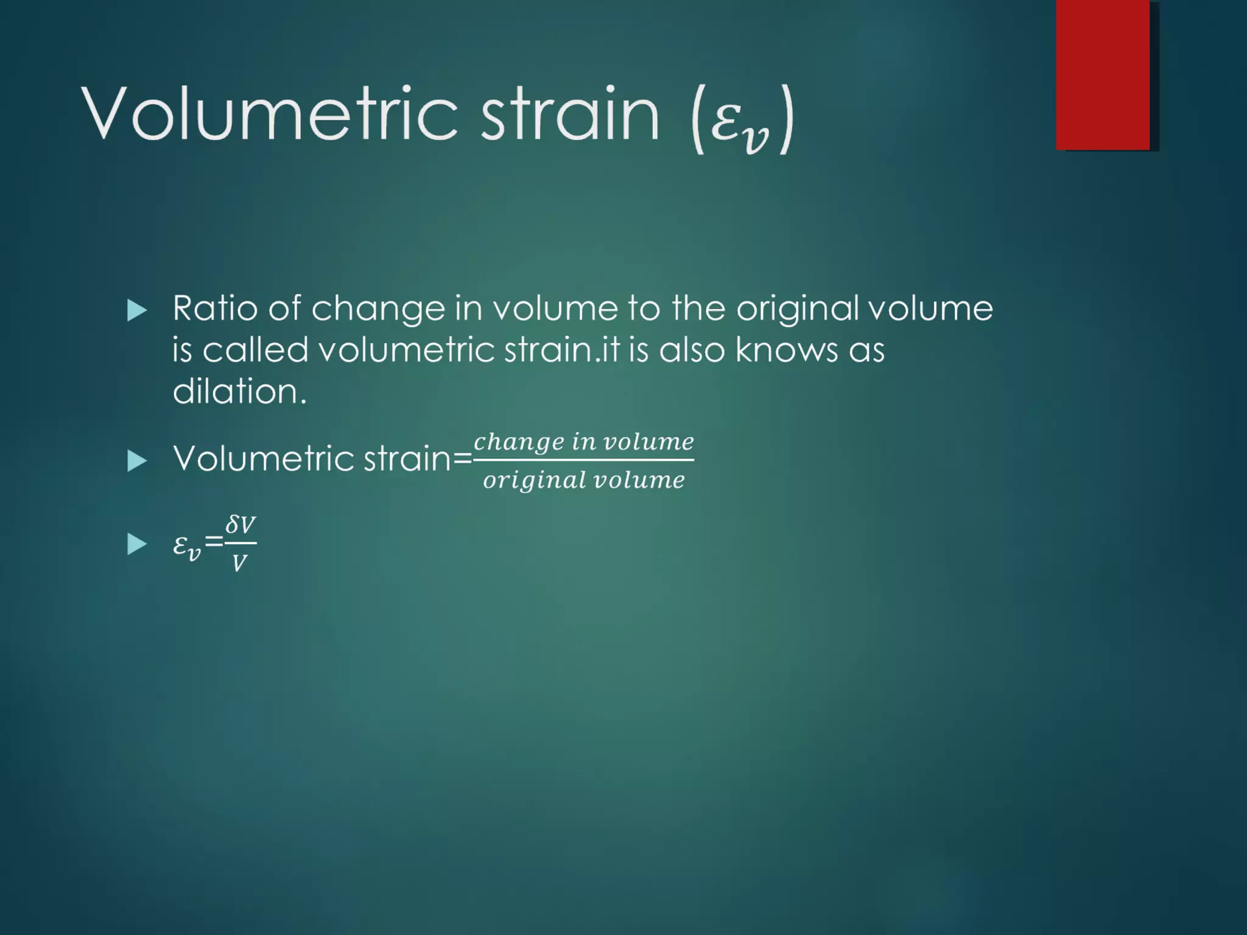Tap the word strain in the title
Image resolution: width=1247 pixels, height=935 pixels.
tap(570, 114)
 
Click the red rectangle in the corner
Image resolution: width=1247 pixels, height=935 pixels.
tap(1103, 75)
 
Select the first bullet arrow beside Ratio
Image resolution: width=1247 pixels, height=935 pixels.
tap(137, 310)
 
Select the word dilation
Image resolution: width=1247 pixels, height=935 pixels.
tap(239, 391)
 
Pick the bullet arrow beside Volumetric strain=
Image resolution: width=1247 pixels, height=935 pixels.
tap(137, 461)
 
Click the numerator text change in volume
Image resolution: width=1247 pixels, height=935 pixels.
tap(583, 441)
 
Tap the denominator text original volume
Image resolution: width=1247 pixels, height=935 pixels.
tap(583, 480)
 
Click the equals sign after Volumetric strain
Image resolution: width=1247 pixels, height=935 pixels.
tap(462, 459)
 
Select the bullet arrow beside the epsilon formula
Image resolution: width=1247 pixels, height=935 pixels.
tap(137, 544)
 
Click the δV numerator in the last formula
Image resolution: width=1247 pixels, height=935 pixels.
tap(240, 525)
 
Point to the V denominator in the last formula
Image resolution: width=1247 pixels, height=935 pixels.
tap(239, 563)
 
